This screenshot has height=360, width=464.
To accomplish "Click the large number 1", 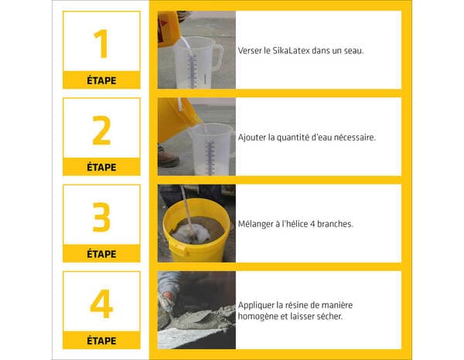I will [101, 44].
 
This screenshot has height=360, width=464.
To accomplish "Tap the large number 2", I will [101, 131].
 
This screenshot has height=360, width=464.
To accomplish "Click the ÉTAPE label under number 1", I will [101, 80].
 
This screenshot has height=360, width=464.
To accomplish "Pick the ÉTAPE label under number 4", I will [101, 340].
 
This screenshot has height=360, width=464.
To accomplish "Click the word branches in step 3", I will [333, 224].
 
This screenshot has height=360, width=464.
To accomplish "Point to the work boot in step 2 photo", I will [168, 158].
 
